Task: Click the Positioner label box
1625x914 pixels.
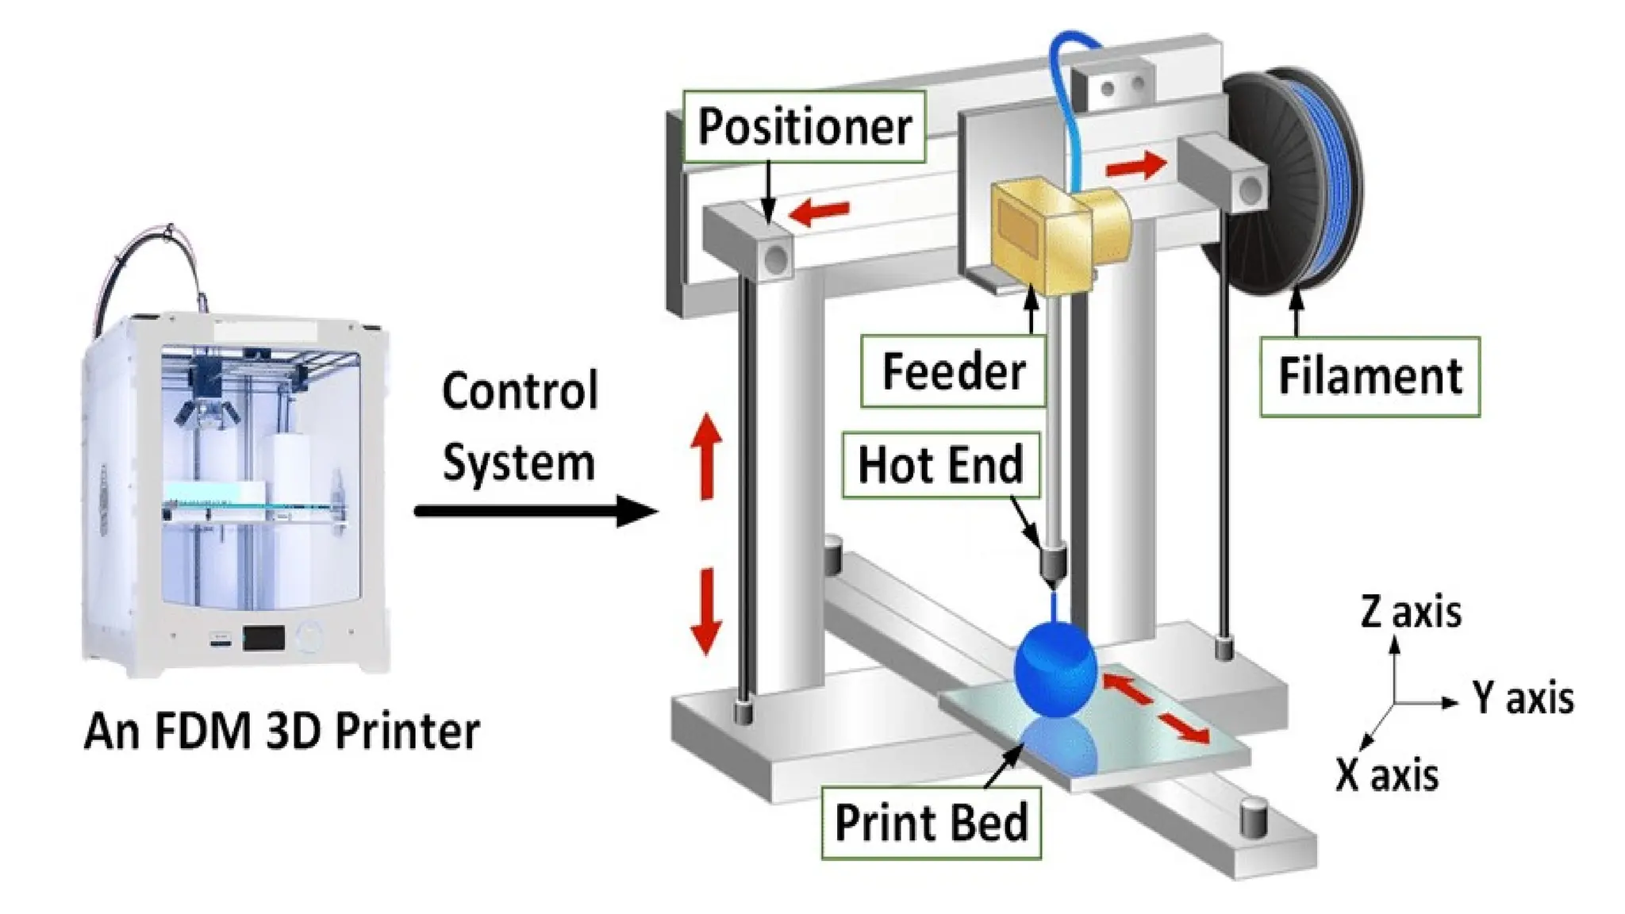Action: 804,127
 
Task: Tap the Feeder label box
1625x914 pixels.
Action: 953,371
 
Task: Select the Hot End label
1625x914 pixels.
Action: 940,465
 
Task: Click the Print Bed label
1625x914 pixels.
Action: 931,823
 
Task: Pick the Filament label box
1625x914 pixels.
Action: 1370,376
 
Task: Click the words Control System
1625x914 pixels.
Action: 519,427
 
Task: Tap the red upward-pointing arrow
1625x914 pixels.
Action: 705,455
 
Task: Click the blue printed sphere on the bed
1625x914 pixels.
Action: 1055,670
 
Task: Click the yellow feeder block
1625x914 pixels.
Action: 1039,234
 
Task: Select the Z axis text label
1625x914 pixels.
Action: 1411,613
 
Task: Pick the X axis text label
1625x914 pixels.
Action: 1387,775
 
